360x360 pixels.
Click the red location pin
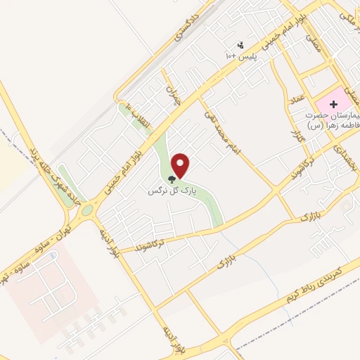pos(181,165)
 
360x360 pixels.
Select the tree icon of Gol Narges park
pos(172,180)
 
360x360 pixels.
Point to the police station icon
pos(242,44)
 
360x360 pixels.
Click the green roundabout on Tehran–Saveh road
pos(87,210)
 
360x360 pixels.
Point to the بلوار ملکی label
pos(347,14)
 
